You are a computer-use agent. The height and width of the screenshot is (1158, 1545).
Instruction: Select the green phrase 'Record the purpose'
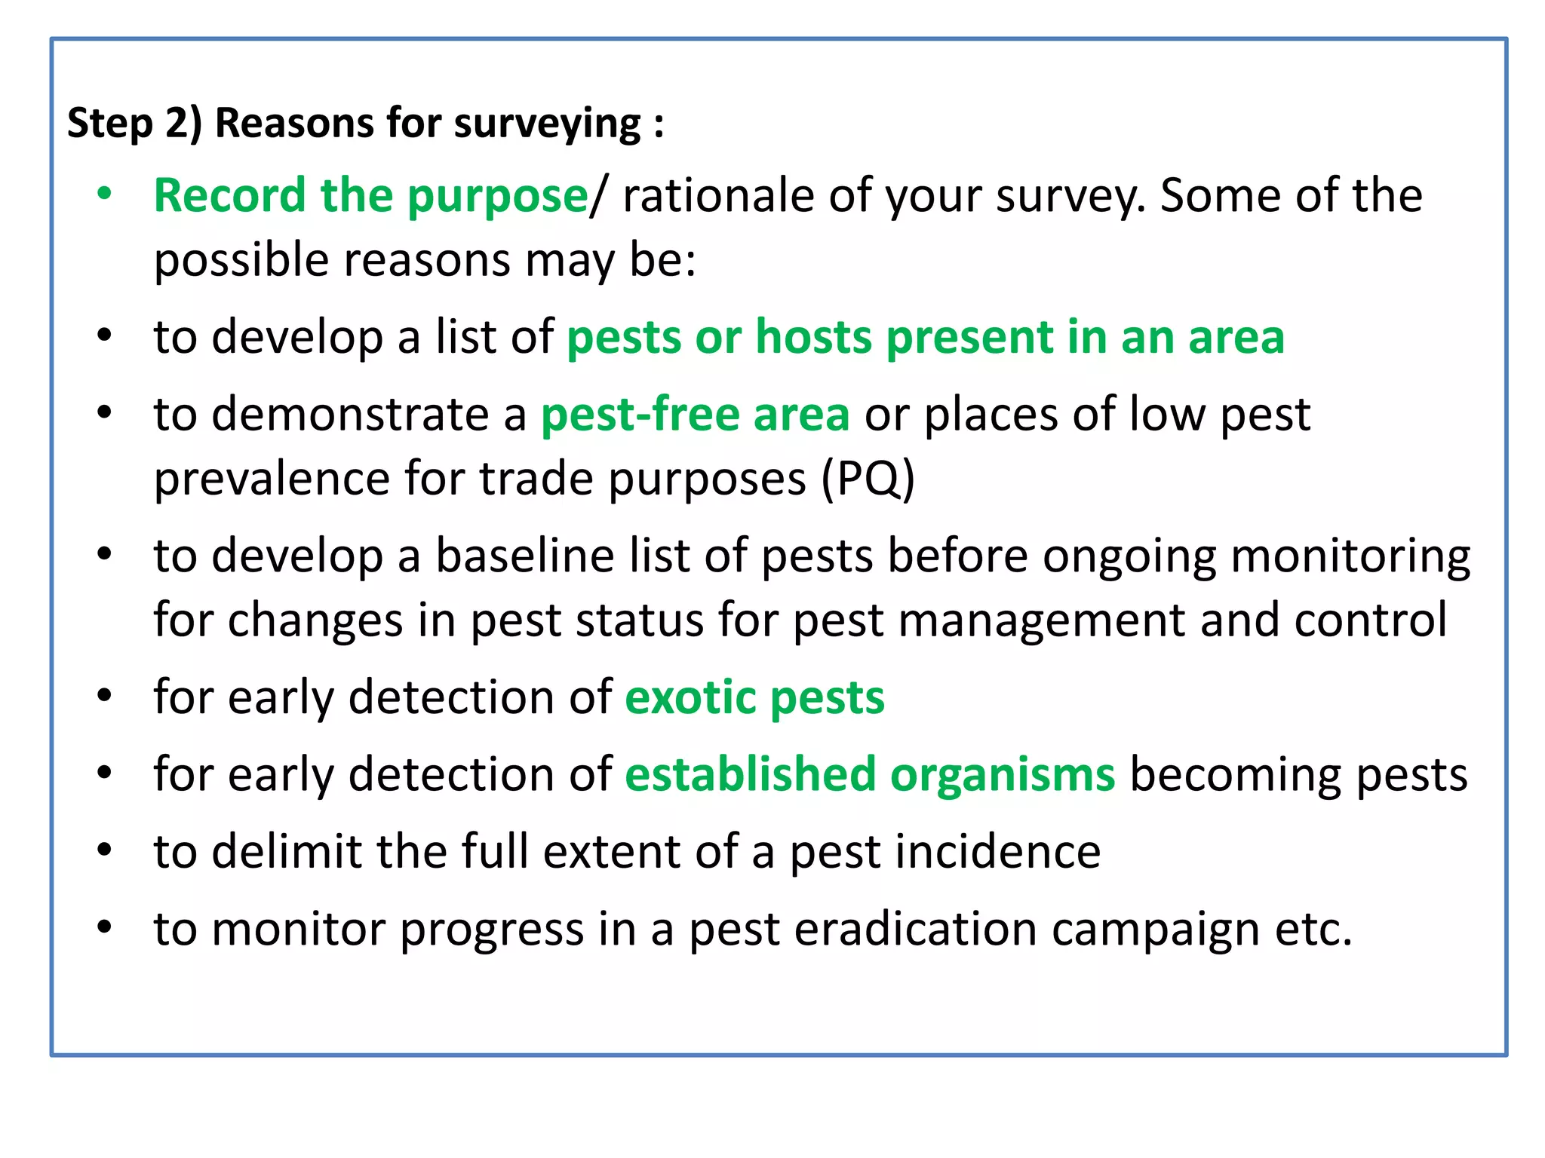(370, 196)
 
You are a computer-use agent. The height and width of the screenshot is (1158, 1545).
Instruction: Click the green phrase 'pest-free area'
(695, 415)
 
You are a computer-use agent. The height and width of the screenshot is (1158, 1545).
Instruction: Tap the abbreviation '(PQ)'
(867, 479)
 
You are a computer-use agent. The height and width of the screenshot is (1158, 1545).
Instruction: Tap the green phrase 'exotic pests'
(754, 697)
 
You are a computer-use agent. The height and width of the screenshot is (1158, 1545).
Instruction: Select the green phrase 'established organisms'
(869, 775)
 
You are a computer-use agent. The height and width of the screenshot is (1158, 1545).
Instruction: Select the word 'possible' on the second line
(241, 261)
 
